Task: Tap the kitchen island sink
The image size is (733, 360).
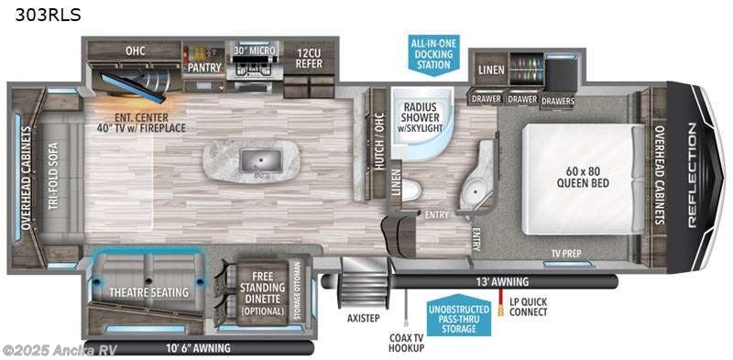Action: click(x=257, y=161)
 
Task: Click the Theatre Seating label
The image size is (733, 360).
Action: click(x=149, y=292)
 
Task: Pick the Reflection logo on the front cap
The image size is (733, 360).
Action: click(x=694, y=175)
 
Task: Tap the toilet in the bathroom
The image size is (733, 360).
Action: click(x=411, y=190)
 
